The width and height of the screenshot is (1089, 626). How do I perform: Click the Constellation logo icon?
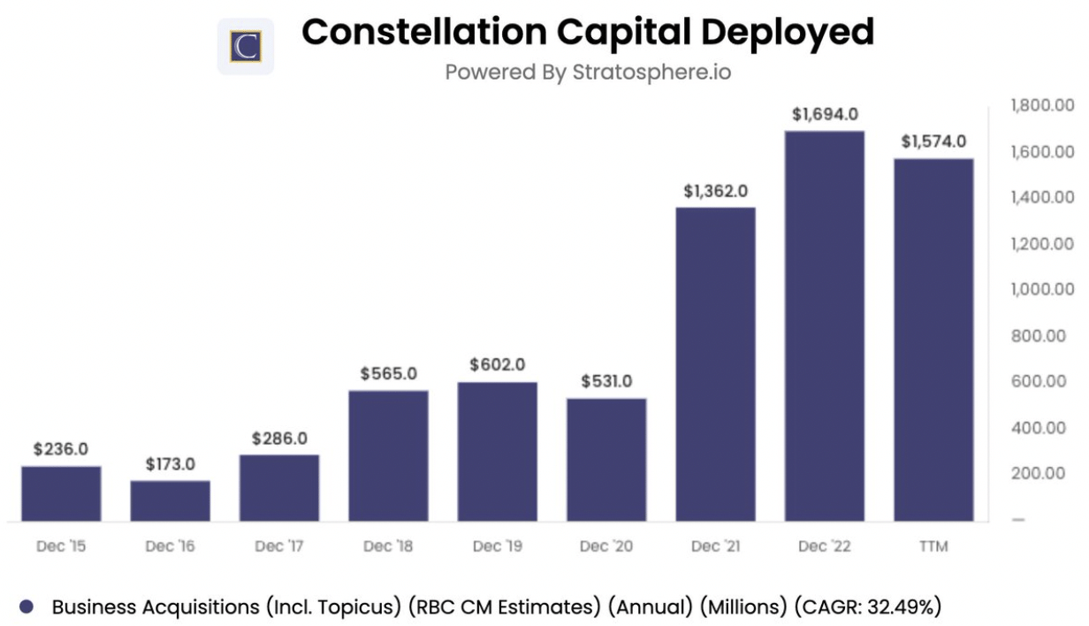click(x=246, y=46)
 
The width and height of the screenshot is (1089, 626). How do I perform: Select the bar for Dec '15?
click(x=61, y=493)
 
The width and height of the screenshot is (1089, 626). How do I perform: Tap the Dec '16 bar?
click(x=171, y=500)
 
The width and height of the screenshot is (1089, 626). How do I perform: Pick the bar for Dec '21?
click(x=715, y=364)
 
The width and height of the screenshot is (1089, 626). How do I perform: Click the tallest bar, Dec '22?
click(x=824, y=326)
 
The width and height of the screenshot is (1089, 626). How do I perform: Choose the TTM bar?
click(x=933, y=340)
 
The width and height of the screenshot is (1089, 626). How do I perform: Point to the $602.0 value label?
click(x=498, y=364)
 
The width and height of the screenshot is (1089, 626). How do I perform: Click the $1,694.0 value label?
click(x=825, y=114)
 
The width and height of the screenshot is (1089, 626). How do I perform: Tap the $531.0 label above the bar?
click(x=606, y=381)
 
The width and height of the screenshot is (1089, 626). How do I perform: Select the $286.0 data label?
click(x=279, y=438)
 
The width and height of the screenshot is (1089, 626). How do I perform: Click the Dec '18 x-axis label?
click(x=388, y=546)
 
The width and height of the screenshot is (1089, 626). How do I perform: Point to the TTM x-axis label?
click(x=933, y=546)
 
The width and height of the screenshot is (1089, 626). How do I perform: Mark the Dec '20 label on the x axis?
click(x=606, y=546)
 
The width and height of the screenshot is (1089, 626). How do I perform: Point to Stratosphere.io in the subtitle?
click(x=651, y=72)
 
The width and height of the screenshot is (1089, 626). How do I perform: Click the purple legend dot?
click(x=27, y=607)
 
